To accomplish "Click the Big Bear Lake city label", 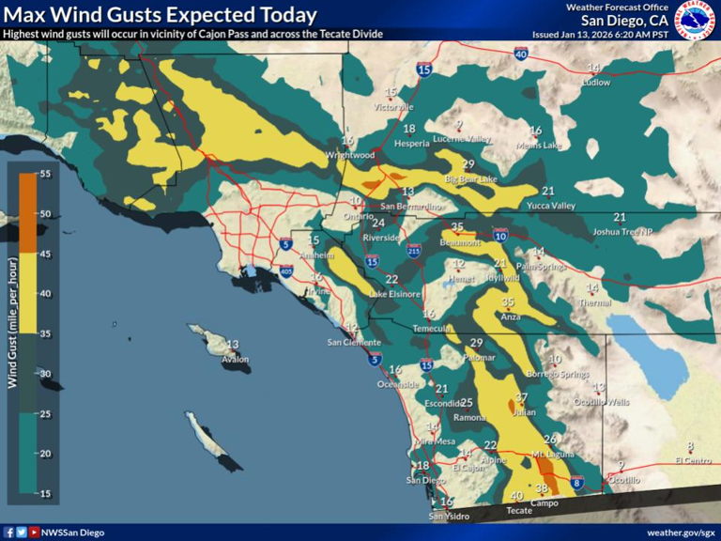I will tap(471, 179).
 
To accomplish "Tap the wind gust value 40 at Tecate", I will tap(516, 496).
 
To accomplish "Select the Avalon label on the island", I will tap(236, 359).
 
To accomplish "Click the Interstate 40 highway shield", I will tap(521, 54).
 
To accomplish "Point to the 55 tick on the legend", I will tap(44, 174).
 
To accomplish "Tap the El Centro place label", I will tap(693, 460).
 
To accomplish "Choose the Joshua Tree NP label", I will tap(621, 231).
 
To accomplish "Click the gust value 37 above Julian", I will tap(522, 398).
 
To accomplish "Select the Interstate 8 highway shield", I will tap(577, 484).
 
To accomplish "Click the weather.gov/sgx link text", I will tap(681, 533).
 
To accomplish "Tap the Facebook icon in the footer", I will tap(9, 533).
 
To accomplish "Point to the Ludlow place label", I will tap(595, 82).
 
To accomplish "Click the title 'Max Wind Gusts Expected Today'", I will tap(160, 15).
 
